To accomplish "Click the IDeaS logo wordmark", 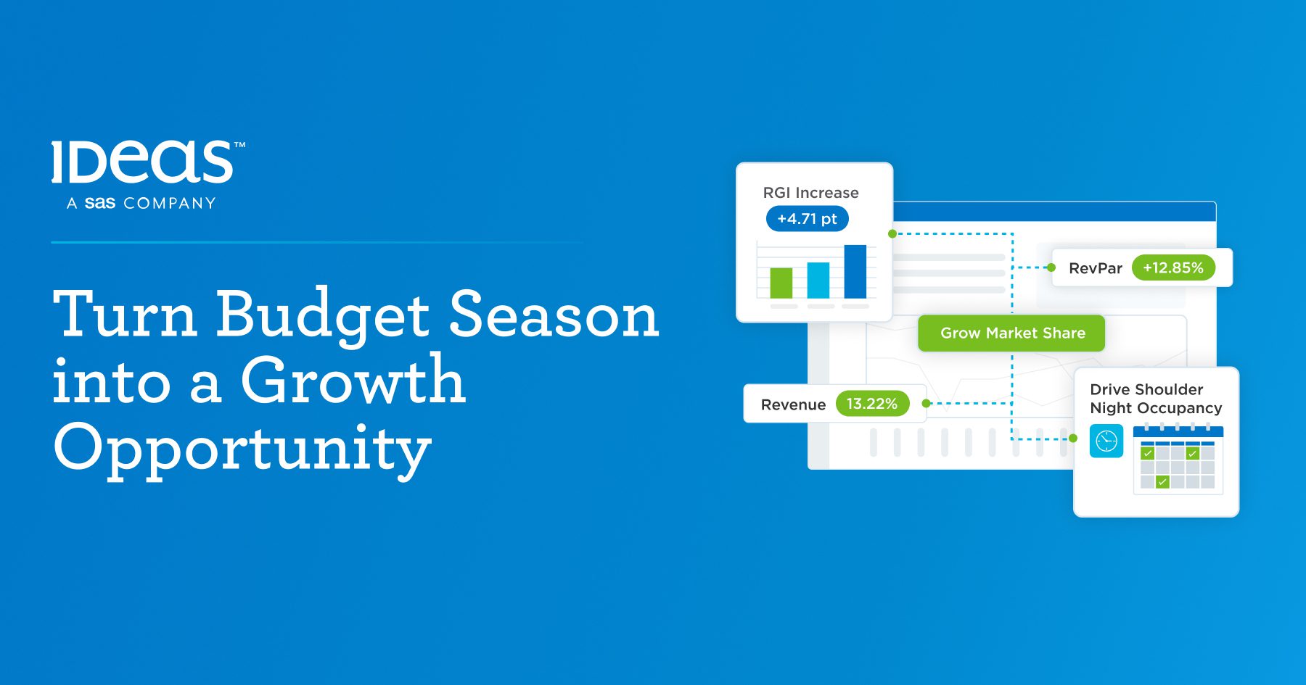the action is [x=143, y=162].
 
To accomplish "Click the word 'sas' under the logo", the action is [x=100, y=203].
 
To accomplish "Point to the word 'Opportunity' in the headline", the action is [x=242, y=449].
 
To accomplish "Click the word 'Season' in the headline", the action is [x=554, y=315].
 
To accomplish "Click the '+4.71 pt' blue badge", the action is [x=808, y=219].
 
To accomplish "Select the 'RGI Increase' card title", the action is [x=810, y=193].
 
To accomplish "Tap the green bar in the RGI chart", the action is [x=781, y=283].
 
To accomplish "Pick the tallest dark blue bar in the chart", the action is [x=855, y=272].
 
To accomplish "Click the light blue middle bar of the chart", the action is [x=818, y=280].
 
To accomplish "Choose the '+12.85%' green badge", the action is [x=1173, y=267].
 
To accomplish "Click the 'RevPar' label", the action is [x=1096, y=268].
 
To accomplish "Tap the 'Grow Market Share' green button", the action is [x=1011, y=333].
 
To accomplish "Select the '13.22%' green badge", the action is [x=872, y=404].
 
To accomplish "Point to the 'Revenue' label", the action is [x=793, y=404].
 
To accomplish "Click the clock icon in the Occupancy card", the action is [x=1106, y=441].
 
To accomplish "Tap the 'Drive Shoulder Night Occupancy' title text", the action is [x=1156, y=399].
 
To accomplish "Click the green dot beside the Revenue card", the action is [x=926, y=404].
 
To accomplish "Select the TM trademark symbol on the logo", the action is [x=239, y=145].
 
